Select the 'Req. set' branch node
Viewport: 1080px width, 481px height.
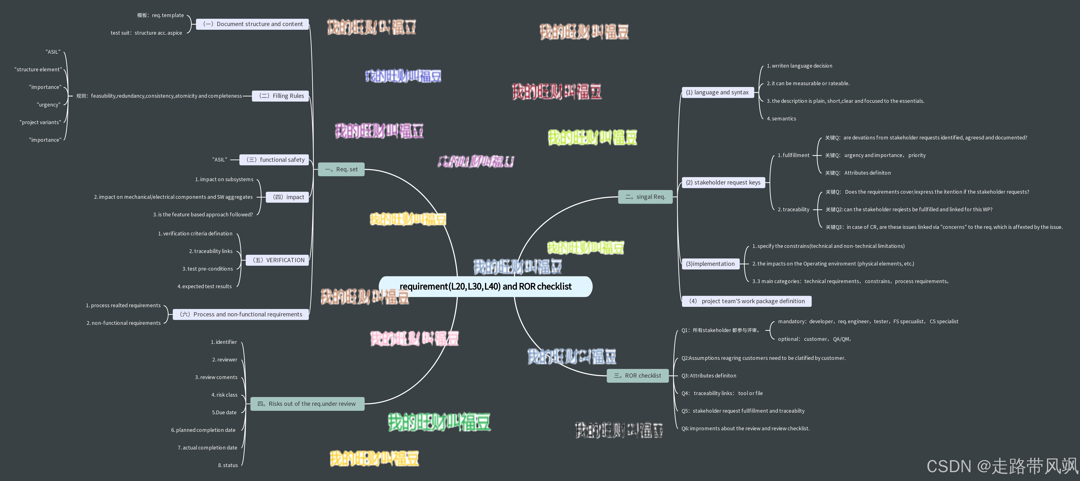pos(341,169)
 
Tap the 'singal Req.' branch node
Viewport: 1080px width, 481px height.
pos(645,197)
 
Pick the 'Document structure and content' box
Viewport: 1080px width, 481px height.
pos(252,24)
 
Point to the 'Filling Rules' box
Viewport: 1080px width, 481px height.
pos(280,96)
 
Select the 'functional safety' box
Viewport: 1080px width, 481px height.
pos(275,160)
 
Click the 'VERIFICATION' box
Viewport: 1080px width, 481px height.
pos(278,260)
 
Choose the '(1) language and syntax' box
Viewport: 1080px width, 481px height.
pos(717,93)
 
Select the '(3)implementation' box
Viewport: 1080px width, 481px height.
pos(710,264)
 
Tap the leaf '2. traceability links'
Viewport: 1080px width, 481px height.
pos(211,251)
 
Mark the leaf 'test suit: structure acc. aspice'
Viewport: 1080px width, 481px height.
pos(146,33)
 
